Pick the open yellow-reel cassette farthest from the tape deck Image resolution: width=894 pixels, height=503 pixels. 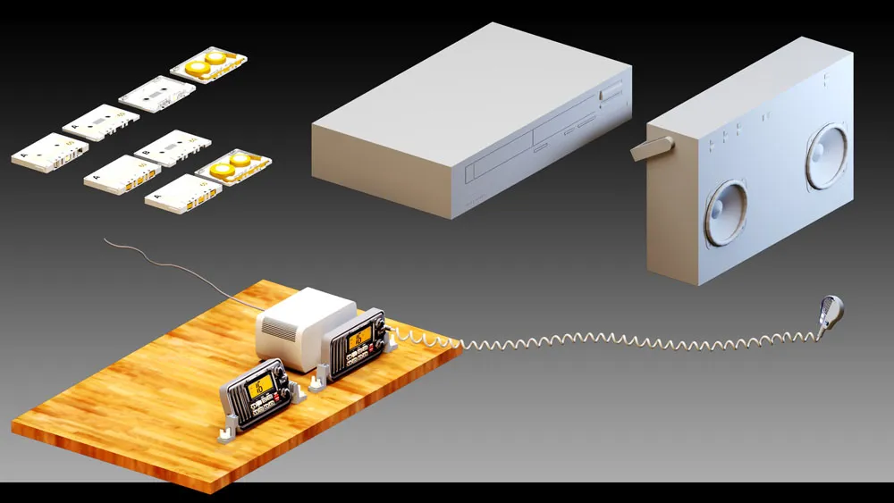[x=208, y=64]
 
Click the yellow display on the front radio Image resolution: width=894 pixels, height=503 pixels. [x=261, y=387]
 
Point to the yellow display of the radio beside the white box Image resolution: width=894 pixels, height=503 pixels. [x=359, y=337]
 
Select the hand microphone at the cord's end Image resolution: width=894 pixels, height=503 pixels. [x=831, y=313]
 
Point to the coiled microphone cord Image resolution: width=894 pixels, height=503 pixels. [x=626, y=342]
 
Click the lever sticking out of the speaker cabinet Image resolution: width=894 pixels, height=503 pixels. [x=652, y=147]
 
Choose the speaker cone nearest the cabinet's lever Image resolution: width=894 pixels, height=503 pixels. [x=725, y=213]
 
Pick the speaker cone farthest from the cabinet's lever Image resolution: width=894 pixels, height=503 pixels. [x=828, y=156]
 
